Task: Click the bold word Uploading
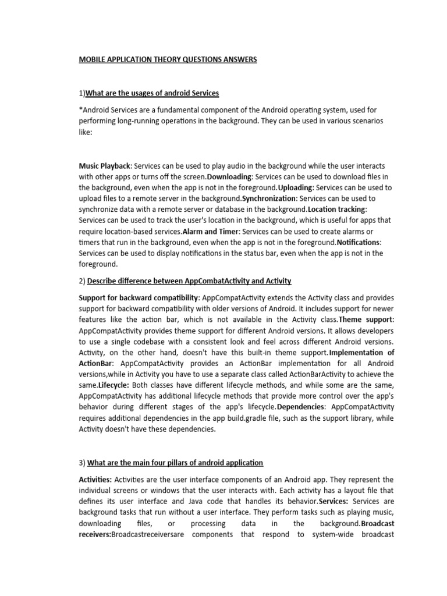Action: pos(296,187)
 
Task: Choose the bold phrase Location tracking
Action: pos(337,209)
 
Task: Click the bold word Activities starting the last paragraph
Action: pos(96,480)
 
